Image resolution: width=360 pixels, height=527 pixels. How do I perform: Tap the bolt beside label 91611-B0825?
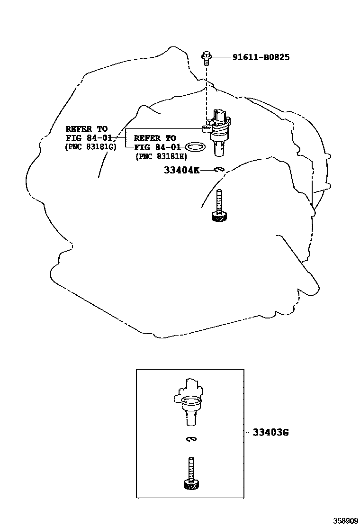[207, 58]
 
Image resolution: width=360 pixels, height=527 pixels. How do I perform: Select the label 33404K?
[181, 170]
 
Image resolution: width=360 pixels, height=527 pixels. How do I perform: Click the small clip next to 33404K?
[218, 169]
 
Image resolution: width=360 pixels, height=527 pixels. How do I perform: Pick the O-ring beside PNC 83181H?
[195, 147]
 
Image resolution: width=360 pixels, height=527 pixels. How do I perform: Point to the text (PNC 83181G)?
[90, 146]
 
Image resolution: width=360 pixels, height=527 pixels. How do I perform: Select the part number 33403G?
[270, 432]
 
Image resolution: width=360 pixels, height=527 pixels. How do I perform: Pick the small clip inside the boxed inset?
[191, 439]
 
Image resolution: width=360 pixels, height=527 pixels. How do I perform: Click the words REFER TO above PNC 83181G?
[86, 128]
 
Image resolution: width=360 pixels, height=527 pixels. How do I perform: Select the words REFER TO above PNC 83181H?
[155, 138]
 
